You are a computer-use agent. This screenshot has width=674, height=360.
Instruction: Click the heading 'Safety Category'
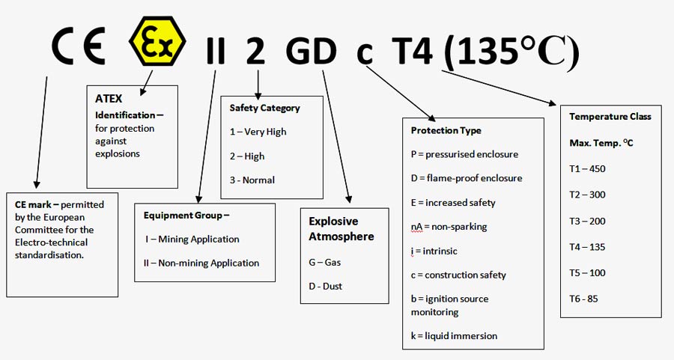pos(264,108)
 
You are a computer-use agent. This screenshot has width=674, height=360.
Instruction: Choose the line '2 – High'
pos(247,156)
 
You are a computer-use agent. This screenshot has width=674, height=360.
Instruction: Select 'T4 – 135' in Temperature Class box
pos(587,247)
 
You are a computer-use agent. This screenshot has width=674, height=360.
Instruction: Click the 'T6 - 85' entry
pos(583,299)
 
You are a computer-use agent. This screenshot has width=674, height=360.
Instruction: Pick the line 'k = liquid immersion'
pos(454,335)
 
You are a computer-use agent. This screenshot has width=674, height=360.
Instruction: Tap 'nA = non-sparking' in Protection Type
pos(449,226)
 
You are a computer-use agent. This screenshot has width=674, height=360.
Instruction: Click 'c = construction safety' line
pos(458,275)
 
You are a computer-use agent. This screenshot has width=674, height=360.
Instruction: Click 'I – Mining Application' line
pos(192,239)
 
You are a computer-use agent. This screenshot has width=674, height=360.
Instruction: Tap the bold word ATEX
pos(109,98)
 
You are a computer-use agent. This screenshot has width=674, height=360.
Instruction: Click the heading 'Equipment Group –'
pos(186,216)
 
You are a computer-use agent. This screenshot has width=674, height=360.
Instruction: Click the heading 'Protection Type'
pos(446,130)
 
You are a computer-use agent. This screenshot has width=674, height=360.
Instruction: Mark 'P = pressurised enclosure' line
pos(464,154)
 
